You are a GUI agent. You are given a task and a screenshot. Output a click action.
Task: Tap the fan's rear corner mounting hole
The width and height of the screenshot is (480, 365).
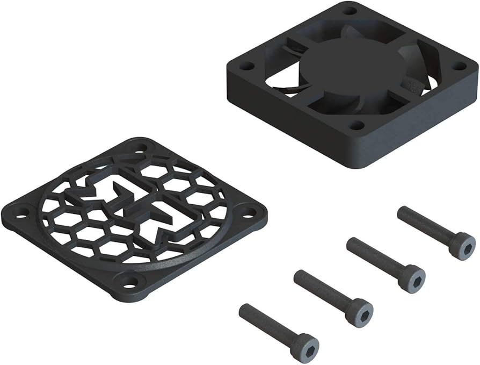tap(350, 11)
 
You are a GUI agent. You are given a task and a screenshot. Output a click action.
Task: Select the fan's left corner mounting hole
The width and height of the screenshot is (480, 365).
tap(246, 66)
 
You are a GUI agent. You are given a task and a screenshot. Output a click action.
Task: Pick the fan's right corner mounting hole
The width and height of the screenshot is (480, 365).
tap(459, 66)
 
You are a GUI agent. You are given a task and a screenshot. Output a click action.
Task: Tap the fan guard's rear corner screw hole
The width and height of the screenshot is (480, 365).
tap(141, 147)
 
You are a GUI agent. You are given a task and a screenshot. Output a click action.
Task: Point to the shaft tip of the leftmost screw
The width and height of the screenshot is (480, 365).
tap(245, 310)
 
